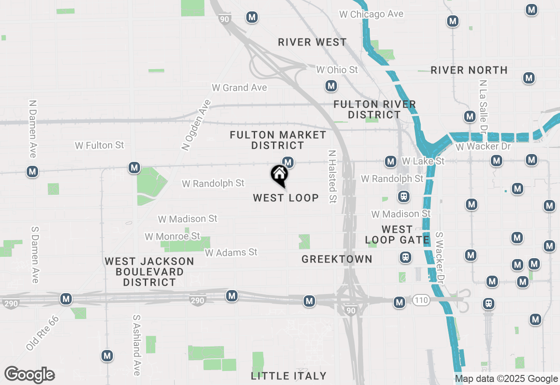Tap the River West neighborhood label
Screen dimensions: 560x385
[312, 42]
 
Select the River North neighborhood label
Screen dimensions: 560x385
[469, 70]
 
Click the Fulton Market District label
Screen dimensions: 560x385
[278, 140]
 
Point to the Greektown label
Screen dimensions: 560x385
[337, 259]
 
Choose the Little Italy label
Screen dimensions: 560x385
[289, 376]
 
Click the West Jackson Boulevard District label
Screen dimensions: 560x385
[149, 272]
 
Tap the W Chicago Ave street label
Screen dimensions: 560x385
[371, 14]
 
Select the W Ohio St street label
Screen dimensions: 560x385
[337, 70]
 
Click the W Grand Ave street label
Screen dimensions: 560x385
[239, 88]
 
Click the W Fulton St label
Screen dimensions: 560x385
[99, 145]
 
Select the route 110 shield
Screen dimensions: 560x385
[420, 300]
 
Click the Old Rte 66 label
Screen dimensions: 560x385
[42, 333]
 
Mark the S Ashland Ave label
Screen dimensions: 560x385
[137, 345]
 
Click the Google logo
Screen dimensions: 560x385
[29, 374]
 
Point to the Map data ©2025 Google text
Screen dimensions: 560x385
[506, 379]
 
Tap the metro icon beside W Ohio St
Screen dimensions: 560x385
[331, 86]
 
